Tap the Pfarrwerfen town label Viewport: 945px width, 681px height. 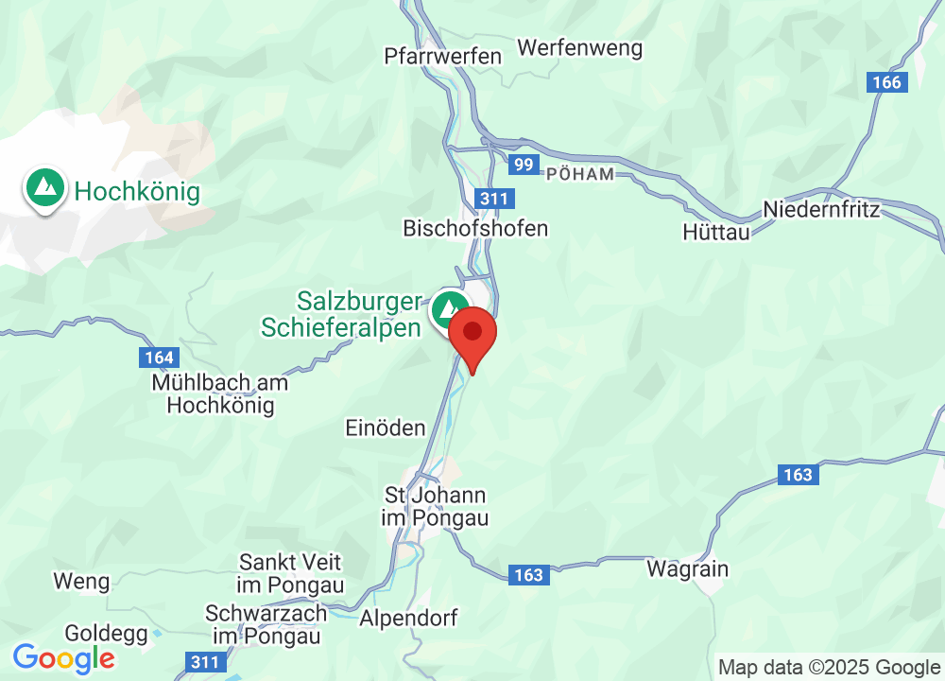pyautogui.click(x=442, y=56)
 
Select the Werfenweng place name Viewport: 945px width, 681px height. pyautogui.click(x=579, y=47)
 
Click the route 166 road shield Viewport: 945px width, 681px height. pyautogui.click(x=887, y=82)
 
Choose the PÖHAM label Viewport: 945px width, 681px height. pyautogui.click(x=580, y=174)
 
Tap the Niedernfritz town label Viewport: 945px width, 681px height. pyautogui.click(x=821, y=209)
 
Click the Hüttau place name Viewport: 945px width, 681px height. pyautogui.click(x=715, y=231)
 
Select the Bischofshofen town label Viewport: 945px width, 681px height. pyautogui.click(x=475, y=228)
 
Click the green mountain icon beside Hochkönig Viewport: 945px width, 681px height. pyautogui.click(x=44, y=189)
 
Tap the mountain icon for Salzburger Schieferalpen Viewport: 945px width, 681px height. pyautogui.click(x=450, y=310)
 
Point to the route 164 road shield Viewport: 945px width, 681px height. pyautogui.click(x=160, y=358)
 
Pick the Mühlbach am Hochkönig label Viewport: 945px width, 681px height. pyautogui.click(x=220, y=394)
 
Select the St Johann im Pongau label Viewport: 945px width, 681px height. pyautogui.click(x=435, y=507)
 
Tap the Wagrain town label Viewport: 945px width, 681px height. pyautogui.click(x=687, y=568)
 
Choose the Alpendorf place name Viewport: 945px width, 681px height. pyautogui.click(x=409, y=619)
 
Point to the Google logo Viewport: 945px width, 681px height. pyautogui.click(x=64, y=657)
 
